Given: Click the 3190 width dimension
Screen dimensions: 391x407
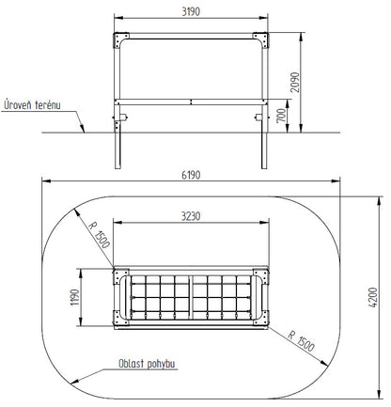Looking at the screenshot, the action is pyautogui.click(x=191, y=11).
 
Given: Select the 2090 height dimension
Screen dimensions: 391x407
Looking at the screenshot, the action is pyautogui.click(x=295, y=82).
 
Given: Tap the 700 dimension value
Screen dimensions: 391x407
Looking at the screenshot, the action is pyautogui.click(x=282, y=116).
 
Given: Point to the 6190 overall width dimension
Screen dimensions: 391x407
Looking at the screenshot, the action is pyautogui.click(x=191, y=175).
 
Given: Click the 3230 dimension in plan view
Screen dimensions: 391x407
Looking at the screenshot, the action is pyautogui.click(x=191, y=216).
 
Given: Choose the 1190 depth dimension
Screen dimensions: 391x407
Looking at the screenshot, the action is pyautogui.click(x=74, y=297).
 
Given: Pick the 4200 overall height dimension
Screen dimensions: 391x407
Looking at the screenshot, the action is pyautogui.click(x=373, y=297).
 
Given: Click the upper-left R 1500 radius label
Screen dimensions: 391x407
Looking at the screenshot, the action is pyautogui.click(x=99, y=235).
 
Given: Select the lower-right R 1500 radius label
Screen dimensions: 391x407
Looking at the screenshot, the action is pyautogui.click(x=301, y=341).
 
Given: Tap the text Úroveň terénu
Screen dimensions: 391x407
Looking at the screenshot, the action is pyautogui.click(x=32, y=105).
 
